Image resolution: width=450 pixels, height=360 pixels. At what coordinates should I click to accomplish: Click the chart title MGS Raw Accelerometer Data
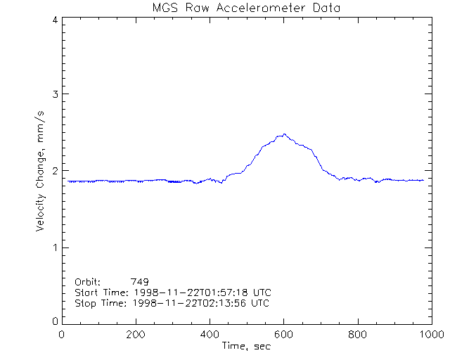247,8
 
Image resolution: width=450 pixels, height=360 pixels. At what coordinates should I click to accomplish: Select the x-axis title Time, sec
246,345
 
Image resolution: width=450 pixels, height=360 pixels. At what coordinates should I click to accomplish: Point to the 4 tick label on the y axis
54,20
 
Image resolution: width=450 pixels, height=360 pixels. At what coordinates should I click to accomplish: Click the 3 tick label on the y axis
54,94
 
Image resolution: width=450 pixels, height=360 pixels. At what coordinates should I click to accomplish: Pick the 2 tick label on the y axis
54,171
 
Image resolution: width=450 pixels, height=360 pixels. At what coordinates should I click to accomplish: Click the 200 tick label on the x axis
136,335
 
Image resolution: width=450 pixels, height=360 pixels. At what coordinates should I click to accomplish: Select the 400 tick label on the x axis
210,335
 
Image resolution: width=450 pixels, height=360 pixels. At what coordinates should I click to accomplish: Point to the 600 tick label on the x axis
283,335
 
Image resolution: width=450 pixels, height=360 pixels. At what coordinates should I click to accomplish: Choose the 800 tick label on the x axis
357,335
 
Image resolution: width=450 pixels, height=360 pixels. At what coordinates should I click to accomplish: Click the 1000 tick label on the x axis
430,335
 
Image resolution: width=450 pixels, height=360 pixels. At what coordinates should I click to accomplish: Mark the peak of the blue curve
284,134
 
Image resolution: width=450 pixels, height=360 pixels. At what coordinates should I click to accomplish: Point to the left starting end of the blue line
68,181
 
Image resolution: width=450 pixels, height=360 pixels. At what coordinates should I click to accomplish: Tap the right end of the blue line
423,181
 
